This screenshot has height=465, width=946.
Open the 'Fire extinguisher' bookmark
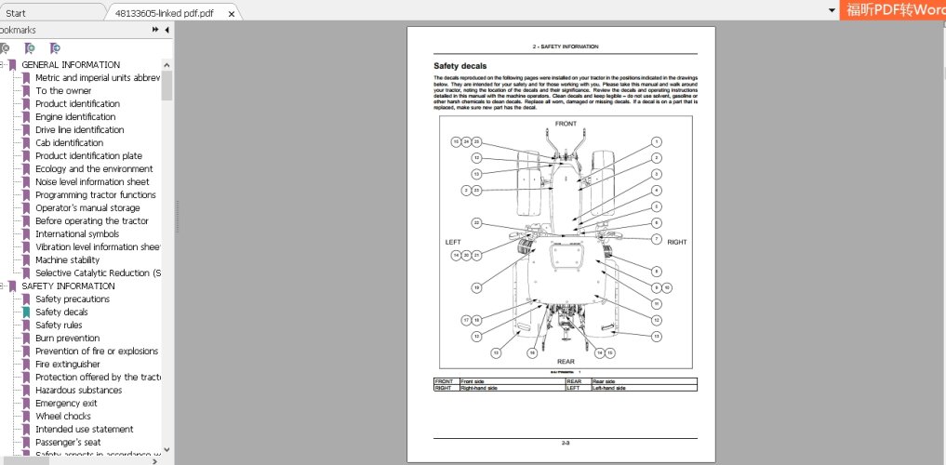[x=67, y=365]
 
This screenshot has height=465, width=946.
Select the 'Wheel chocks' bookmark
[x=63, y=417]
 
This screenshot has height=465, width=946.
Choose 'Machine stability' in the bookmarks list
[x=67, y=260]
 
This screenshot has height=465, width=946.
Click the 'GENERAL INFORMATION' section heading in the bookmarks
[x=70, y=65]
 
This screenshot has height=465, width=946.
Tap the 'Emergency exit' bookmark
[x=66, y=404]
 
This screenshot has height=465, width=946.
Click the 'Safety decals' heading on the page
[x=460, y=66]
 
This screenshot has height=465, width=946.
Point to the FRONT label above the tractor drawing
[x=566, y=124]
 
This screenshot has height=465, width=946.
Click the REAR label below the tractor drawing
[x=566, y=361]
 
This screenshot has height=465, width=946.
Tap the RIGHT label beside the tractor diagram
[x=676, y=242]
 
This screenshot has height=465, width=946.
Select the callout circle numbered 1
[x=656, y=142]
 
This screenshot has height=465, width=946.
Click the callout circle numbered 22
[x=476, y=223]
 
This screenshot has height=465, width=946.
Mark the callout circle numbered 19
[x=476, y=287]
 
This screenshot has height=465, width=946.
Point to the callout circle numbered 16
[x=532, y=353]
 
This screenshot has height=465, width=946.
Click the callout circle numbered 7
[x=656, y=239]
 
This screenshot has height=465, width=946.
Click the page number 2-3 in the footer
[x=565, y=443]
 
